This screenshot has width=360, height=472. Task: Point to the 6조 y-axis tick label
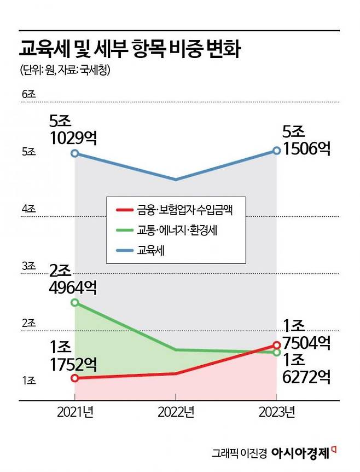coord(28,95)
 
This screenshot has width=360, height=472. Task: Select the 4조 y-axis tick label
coord(28,209)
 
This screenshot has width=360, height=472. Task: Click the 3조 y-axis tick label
coord(28,266)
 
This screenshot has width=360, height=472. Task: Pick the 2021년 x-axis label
coord(75,412)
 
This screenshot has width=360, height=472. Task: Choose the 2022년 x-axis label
coord(176,412)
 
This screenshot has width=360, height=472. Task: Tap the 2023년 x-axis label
coord(277,412)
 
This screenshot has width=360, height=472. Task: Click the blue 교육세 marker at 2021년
coord(75,153)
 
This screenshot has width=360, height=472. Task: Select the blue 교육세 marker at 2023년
coord(277,150)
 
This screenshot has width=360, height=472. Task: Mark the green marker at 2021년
coord(75,302)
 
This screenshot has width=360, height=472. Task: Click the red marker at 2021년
coord(75,378)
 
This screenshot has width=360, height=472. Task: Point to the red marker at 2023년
coord(277,346)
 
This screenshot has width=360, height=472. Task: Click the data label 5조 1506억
coord(306,141)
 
